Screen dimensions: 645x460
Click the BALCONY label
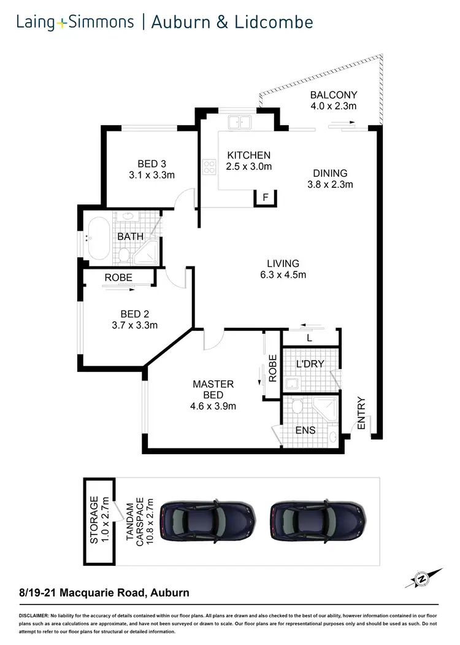tap(334, 95)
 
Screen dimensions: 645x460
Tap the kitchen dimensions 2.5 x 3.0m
tap(249, 166)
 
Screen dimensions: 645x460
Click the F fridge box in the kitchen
tap(265, 198)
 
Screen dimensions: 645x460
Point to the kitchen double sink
tap(240, 122)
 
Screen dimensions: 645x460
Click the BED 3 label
tap(152, 164)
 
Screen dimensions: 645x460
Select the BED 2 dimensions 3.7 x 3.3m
tap(136, 325)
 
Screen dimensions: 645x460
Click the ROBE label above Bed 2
tap(118, 277)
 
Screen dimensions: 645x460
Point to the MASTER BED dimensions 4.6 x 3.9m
tap(213, 406)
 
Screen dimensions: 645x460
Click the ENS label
tap(305, 430)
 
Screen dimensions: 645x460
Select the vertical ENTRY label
tap(361, 414)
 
